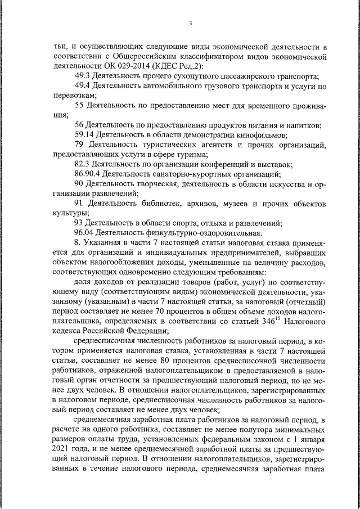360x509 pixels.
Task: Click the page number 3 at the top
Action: click(191, 23)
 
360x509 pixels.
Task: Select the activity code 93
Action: click(79, 222)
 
